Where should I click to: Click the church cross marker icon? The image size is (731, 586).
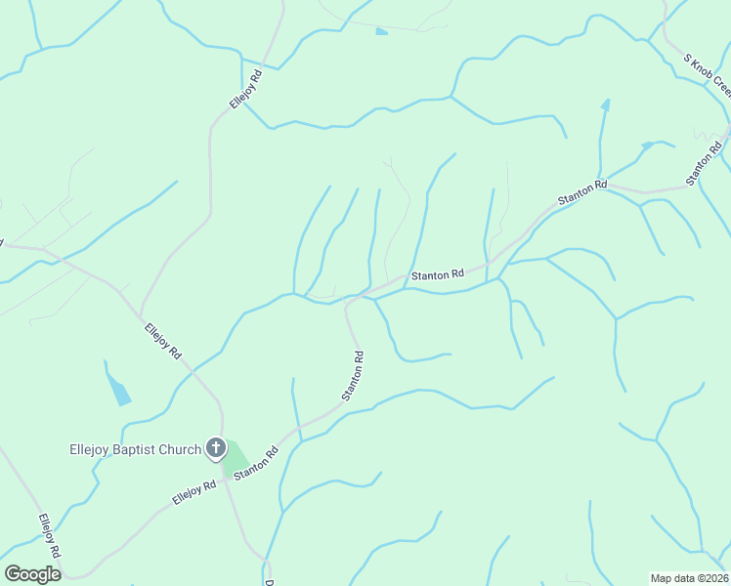coord(216,449)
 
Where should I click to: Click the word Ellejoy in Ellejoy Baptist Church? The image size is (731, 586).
coord(94,450)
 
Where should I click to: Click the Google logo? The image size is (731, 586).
coord(32,573)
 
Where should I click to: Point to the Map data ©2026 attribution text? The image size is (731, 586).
coord(690,578)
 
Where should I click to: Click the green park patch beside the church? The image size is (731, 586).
coord(236,460)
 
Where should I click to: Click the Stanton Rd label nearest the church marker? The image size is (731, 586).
coord(256,463)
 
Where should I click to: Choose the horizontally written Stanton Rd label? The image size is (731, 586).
coord(437,276)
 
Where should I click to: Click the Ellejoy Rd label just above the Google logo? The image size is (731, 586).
coord(50,535)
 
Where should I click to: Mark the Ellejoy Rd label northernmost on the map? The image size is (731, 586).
coord(246,89)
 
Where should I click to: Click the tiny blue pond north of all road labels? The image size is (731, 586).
coord(381,31)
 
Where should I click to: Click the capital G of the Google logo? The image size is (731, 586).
coord(13,573)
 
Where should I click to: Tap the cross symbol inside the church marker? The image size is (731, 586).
coord(216,448)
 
